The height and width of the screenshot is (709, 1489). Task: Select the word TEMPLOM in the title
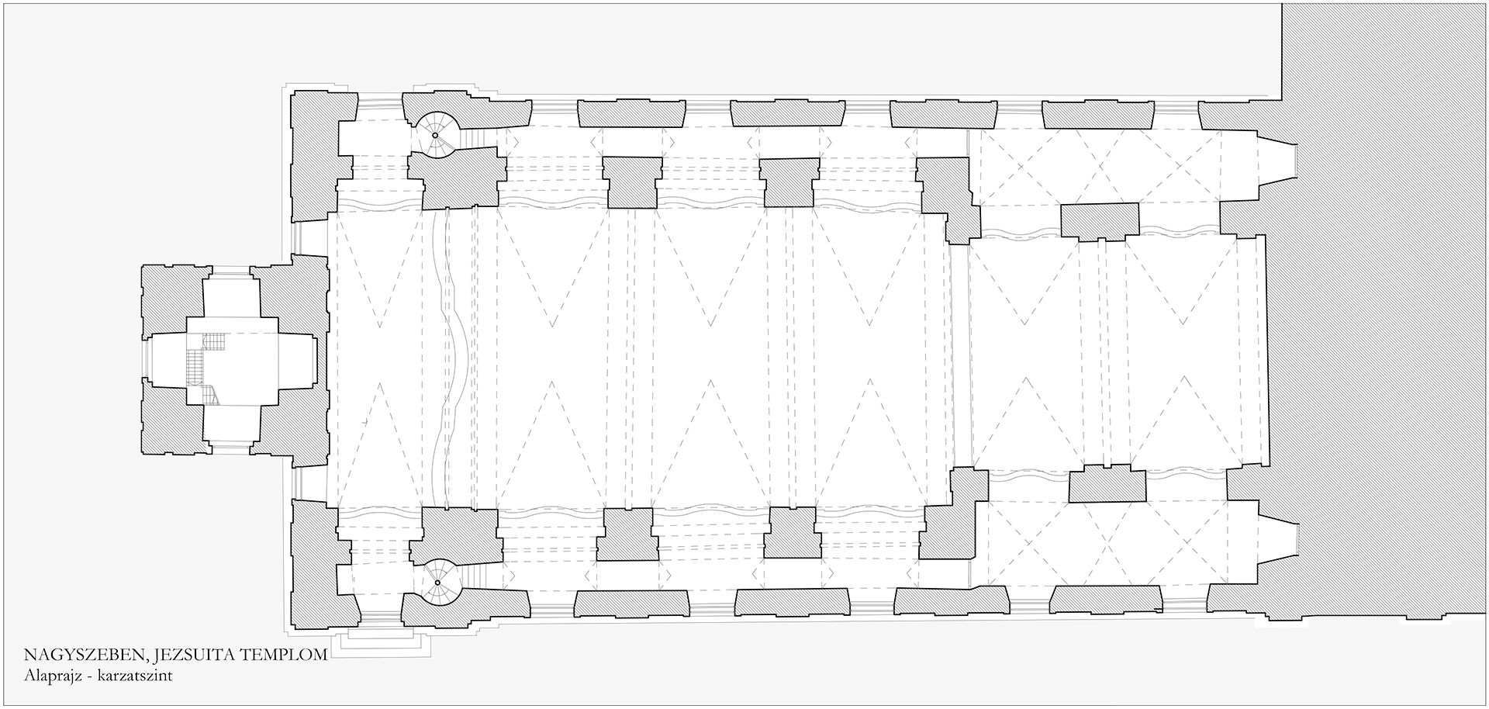point(285,656)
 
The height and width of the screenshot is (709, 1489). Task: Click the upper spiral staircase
point(435,136)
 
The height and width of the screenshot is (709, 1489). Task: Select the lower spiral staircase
point(437,582)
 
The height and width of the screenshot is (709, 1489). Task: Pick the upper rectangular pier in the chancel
point(1100,222)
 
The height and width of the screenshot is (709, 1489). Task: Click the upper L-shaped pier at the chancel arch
point(948,200)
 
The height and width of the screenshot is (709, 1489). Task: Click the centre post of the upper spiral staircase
point(435,136)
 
